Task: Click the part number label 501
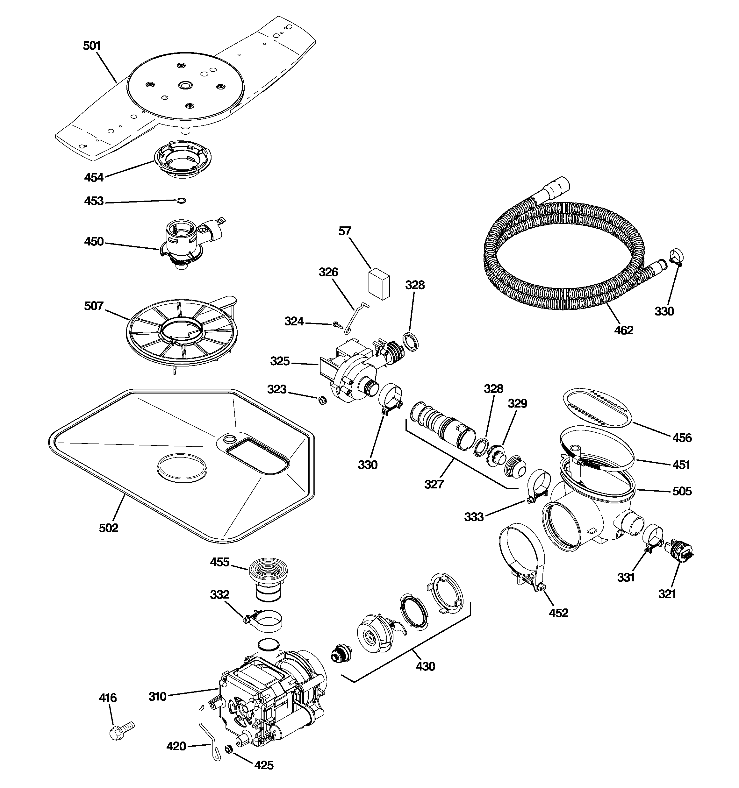tap(92, 46)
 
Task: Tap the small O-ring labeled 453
tap(181, 201)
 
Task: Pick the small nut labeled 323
tap(322, 400)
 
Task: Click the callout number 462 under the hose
tap(624, 330)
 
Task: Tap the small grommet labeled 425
tap(228, 749)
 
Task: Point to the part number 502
tap(108, 528)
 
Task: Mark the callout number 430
tap(425, 666)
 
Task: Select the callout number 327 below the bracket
tap(434, 484)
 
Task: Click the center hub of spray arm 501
tap(184, 85)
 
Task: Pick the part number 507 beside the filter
tap(94, 306)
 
